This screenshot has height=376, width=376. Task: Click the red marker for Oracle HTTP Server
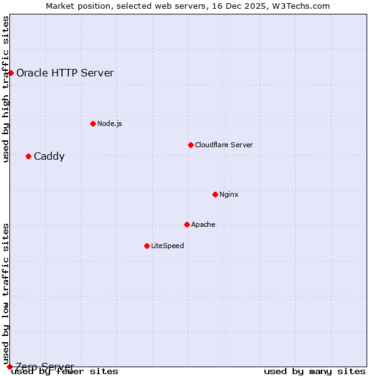(11, 73)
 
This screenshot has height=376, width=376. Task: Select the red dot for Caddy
(28, 156)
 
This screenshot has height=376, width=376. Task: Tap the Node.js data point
(93, 123)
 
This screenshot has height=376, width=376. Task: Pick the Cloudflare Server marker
(191, 145)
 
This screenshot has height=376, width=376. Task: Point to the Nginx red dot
(215, 194)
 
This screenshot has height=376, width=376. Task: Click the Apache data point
(187, 224)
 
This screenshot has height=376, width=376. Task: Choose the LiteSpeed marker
(147, 246)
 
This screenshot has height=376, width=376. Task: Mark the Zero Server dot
(9, 367)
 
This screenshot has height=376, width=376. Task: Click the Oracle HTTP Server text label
(65, 73)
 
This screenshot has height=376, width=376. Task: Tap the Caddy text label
(49, 156)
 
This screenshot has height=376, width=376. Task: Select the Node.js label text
(110, 123)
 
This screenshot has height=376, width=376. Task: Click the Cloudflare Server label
(224, 145)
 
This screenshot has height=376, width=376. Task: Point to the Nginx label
(229, 194)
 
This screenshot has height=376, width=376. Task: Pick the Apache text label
(203, 224)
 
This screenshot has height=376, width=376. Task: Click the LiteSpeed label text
(167, 246)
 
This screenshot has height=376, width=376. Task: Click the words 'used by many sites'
(315, 372)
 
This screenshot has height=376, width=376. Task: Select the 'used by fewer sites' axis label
(65, 372)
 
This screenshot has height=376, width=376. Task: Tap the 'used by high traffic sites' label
(6, 89)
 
